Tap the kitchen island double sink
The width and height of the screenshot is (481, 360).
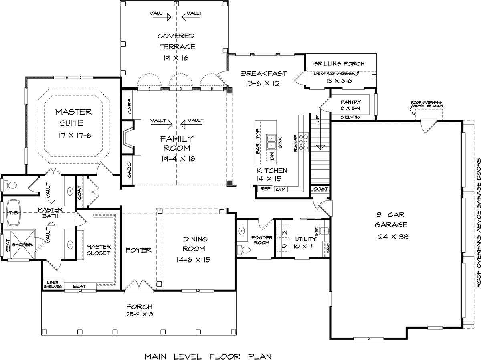point(271,142)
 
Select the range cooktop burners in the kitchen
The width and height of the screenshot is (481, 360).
point(303,142)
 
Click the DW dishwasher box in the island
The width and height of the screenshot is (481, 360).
point(272,156)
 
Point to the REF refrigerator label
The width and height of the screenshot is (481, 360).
point(265,189)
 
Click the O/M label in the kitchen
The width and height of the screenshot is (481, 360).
point(281,189)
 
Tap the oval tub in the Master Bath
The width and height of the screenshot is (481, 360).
point(14,212)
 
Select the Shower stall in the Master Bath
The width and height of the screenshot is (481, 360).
point(22,245)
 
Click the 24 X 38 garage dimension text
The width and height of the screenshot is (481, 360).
point(393,237)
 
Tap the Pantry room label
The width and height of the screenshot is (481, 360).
point(350,102)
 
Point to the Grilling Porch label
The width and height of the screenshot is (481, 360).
point(339,64)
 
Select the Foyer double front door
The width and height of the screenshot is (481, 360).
point(139,286)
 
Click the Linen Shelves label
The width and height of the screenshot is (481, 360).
point(53,284)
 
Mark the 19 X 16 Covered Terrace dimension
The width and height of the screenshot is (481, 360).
point(176,58)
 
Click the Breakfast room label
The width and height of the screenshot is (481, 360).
point(264,73)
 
